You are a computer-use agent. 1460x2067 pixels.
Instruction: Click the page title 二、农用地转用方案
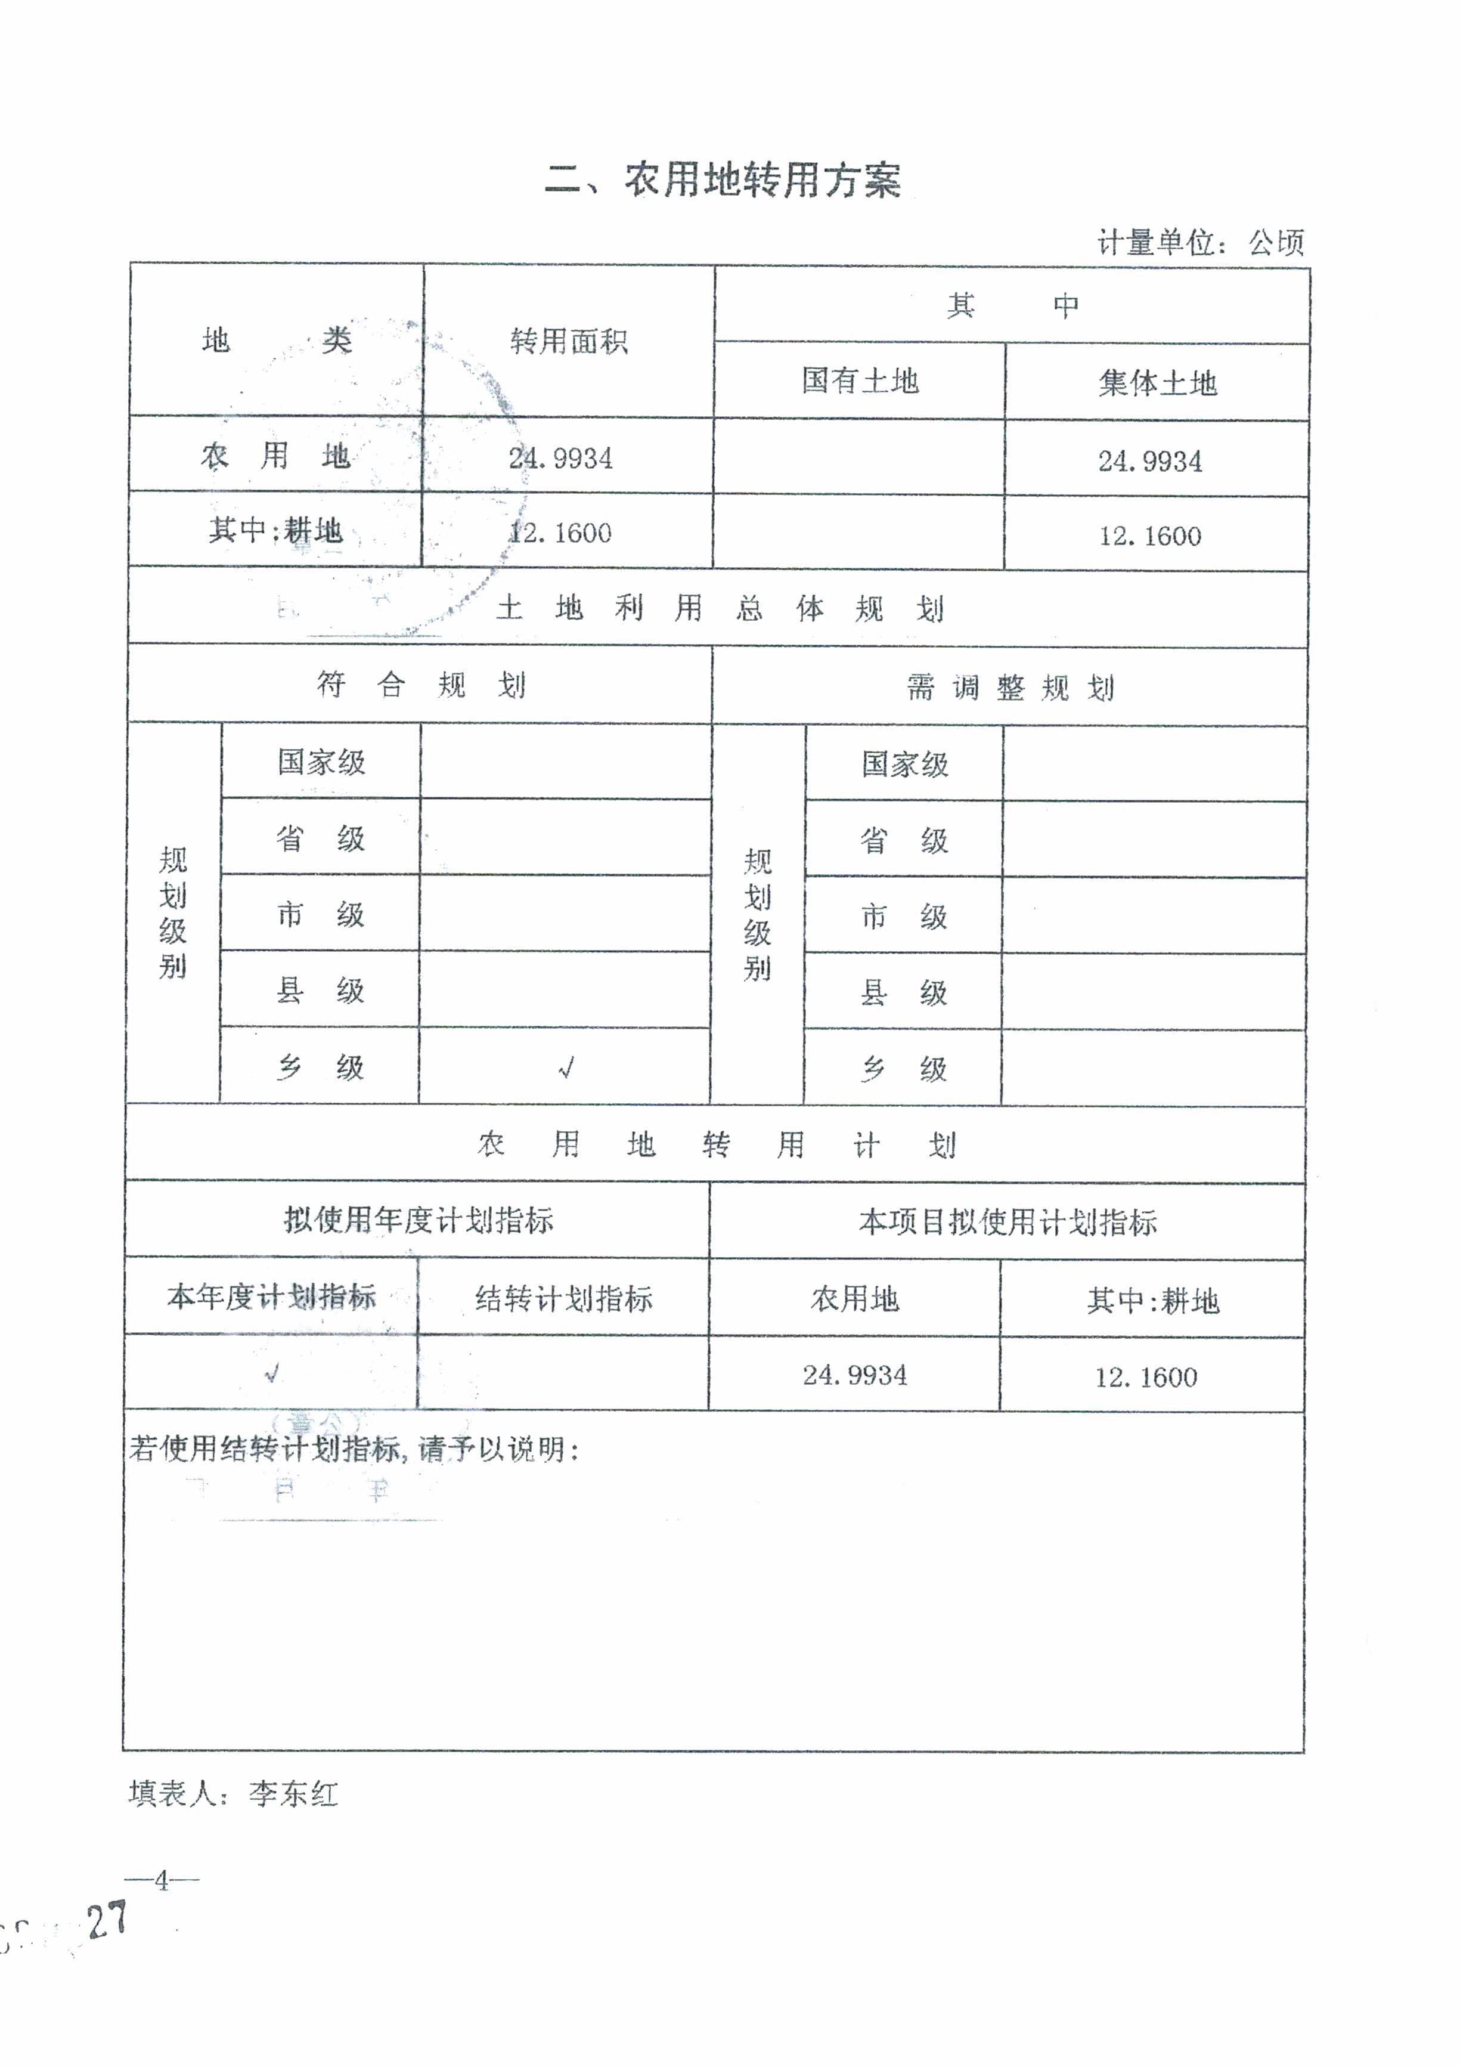click(x=723, y=180)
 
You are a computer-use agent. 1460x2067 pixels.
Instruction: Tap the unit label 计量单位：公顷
click(x=1200, y=242)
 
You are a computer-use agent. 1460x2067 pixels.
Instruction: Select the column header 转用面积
click(x=568, y=341)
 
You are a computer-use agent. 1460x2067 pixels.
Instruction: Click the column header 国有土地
click(x=860, y=381)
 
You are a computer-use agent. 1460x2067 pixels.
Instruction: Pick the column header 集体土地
click(x=1157, y=383)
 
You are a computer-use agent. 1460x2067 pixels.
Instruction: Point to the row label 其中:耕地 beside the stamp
click(x=275, y=530)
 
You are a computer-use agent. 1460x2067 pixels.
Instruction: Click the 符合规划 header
click(x=420, y=685)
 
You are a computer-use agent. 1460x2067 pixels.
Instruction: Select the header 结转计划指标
click(x=563, y=1298)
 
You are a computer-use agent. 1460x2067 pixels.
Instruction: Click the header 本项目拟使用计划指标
click(x=1008, y=1222)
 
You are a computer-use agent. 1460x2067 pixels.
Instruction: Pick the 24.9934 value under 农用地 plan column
click(x=854, y=1375)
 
